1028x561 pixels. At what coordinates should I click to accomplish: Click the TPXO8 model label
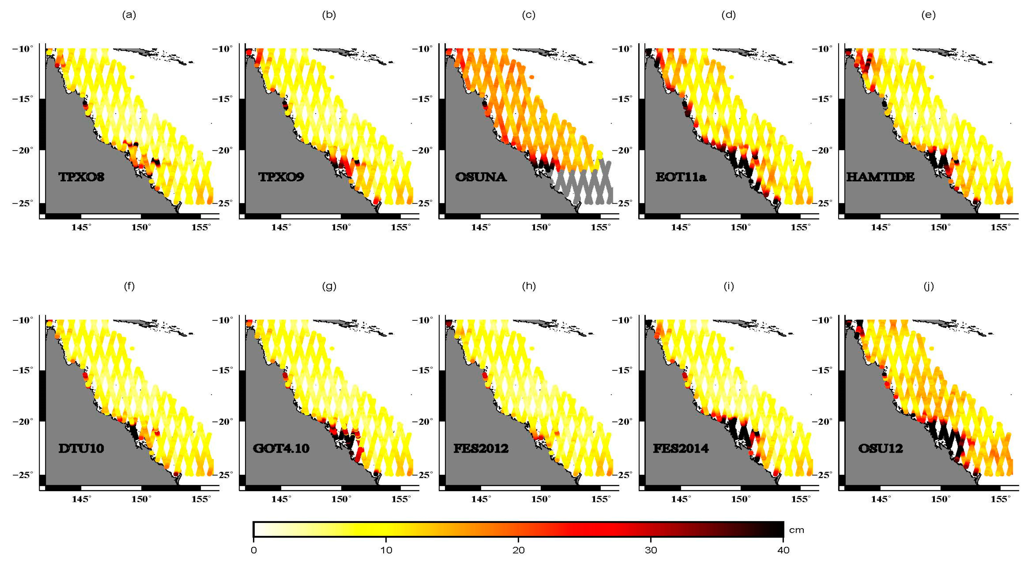[x=81, y=177]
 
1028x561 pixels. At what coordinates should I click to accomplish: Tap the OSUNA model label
[x=481, y=177]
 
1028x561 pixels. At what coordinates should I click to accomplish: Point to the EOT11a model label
[x=681, y=177]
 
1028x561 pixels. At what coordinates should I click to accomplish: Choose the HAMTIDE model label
[x=880, y=177]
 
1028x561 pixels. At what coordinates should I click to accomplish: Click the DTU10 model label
[x=81, y=448]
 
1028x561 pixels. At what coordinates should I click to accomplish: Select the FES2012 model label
[x=481, y=448]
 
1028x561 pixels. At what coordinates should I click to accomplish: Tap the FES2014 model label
[x=681, y=448]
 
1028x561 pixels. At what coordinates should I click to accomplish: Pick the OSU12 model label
[x=880, y=448]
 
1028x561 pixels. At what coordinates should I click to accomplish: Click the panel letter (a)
[x=129, y=15]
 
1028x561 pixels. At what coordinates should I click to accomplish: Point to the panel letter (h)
[x=529, y=286]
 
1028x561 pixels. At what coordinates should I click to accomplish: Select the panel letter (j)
[x=929, y=286]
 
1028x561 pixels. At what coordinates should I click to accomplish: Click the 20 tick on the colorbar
[x=518, y=550]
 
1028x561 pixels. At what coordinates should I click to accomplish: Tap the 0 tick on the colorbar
[x=254, y=550]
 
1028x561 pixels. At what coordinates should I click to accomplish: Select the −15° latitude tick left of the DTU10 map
[x=23, y=370]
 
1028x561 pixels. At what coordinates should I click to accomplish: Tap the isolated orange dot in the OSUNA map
[x=531, y=77]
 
